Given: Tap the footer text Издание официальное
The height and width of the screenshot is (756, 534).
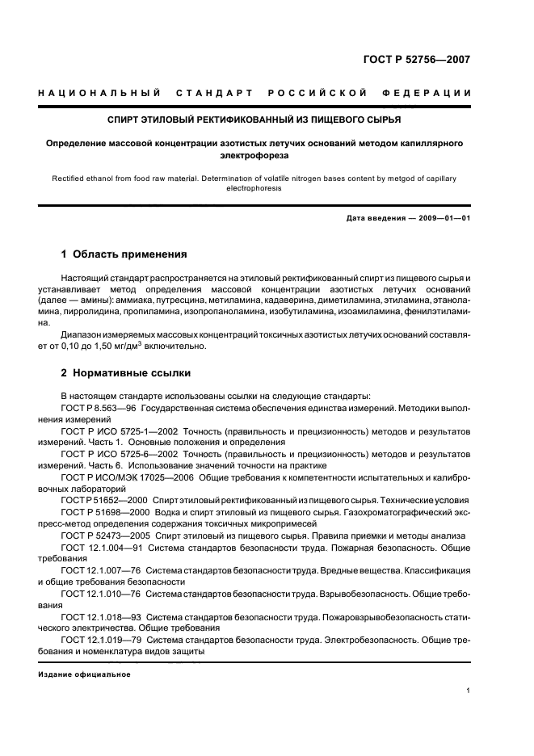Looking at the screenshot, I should coord(84,674).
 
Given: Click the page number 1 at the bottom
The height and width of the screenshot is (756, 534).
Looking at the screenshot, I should coord(469,690).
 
